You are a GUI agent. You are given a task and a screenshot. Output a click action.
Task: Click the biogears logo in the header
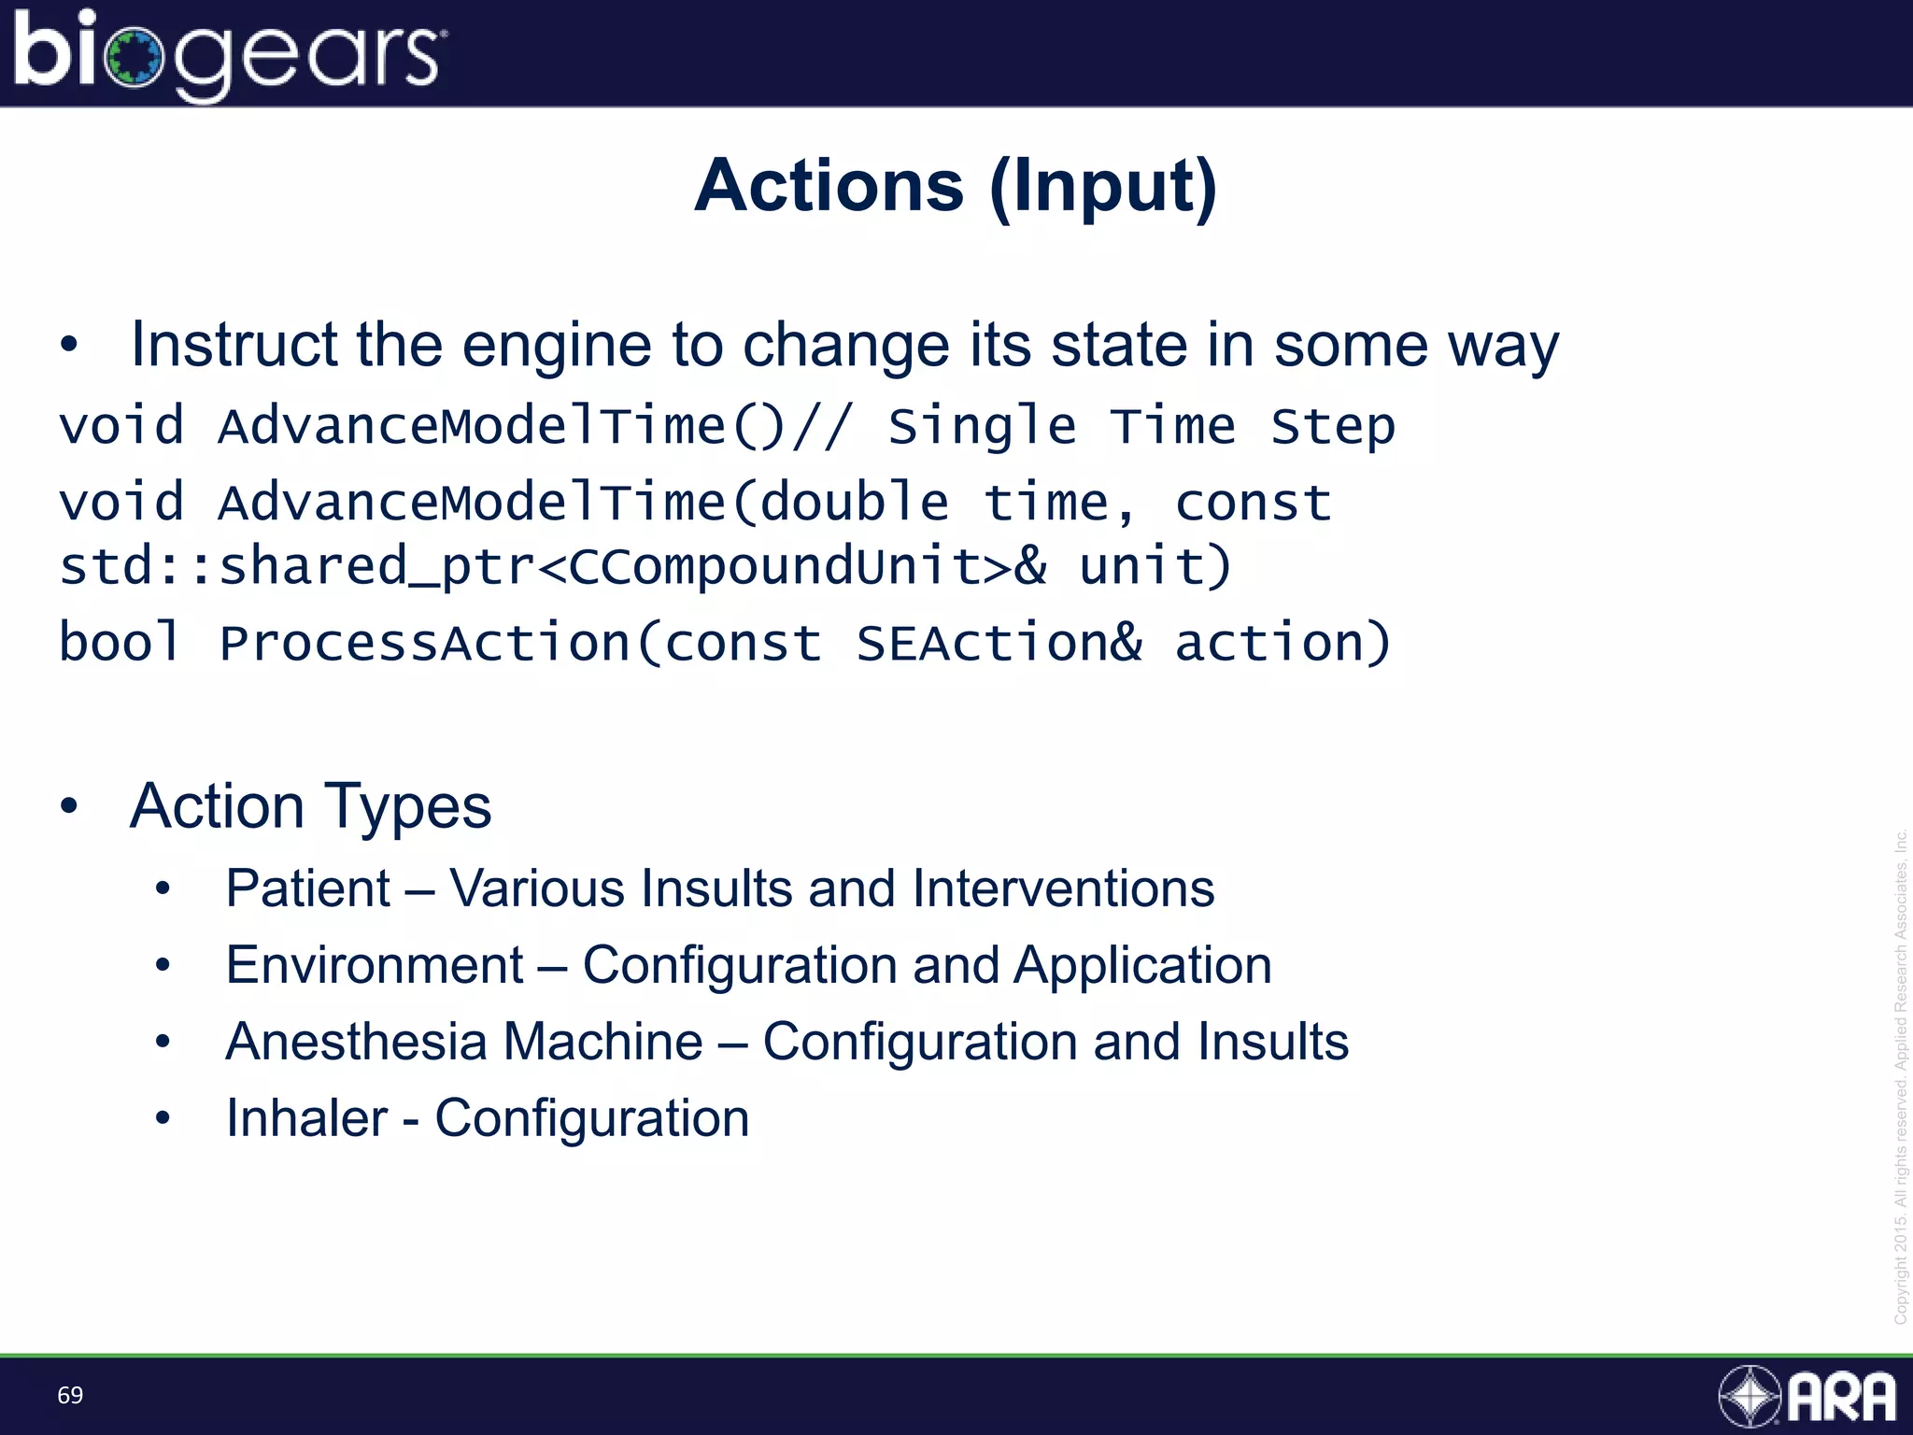pyautogui.click(x=229, y=54)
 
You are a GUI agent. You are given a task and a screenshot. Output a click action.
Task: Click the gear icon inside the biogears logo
pyautogui.click(x=135, y=58)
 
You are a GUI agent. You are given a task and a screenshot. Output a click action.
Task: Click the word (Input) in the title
pyautogui.click(x=1104, y=187)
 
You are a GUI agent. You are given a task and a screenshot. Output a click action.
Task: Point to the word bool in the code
pyautogui.click(x=120, y=643)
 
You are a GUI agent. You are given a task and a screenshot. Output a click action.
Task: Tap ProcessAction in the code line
pyautogui.click(x=425, y=643)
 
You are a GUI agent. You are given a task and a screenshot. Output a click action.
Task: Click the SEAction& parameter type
pyautogui.click(x=999, y=643)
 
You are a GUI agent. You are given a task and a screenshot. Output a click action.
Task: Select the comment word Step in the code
pyautogui.click(x=1332, y=427)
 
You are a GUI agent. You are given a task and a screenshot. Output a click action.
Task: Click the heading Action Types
pyautogui.click(x=310, y=806)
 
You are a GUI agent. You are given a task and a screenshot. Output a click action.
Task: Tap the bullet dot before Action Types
pyautogui.click(x=69, y=805)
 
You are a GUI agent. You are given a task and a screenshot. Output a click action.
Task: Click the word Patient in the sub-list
pyautogui.click(x=308, y=888)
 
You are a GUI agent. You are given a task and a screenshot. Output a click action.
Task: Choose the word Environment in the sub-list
pyautogui.click(x=375, y=964)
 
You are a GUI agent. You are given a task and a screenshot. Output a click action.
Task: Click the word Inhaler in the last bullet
pyautogui.click(x=306, y=1117)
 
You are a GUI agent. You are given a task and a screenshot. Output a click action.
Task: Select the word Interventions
pyautogui.click(x=1063, y=888)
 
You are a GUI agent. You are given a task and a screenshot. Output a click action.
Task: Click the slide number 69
pyautogui.click(x=70, y=1395)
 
